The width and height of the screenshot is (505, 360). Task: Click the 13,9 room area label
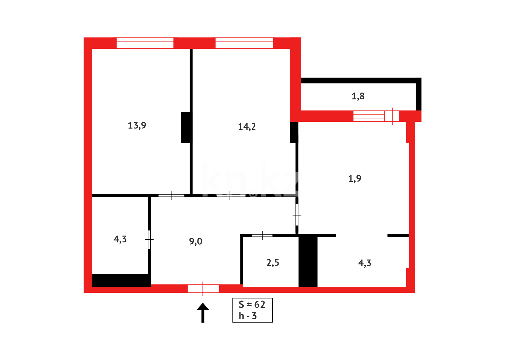pos(137,125)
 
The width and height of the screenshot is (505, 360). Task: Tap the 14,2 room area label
pos(247,127)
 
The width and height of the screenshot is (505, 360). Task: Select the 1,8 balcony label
pos(358,96)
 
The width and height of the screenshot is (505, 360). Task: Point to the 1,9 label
pos(355,179)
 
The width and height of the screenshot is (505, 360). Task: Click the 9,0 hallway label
pos(196,241)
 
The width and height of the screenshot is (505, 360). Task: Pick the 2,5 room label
pos(273,263)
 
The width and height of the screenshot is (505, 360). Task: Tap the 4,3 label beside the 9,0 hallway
pos(120,239)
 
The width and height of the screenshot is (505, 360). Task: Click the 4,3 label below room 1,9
pos(365,263)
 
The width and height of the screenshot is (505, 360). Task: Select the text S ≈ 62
pos(252,304)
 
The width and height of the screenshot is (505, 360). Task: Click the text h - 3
pos(248,316)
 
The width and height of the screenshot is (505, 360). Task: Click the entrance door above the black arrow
pos(203,289)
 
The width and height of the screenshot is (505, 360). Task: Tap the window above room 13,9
pos(145,43)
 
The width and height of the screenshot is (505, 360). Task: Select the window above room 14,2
pos(244,43)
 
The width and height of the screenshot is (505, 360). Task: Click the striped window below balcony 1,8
pos(369,116)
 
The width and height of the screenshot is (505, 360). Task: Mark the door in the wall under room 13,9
pos(171,195)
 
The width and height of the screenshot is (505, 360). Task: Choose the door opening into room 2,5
pos(262,236)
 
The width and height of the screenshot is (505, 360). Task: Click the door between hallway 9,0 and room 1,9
pos(297,215)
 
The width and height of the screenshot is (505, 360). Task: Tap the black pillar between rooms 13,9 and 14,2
pos(186,128)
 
